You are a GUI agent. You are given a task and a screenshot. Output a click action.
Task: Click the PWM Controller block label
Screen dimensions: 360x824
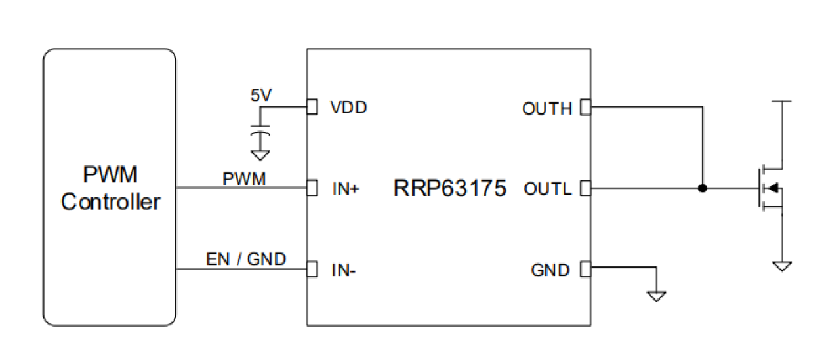(110, 188)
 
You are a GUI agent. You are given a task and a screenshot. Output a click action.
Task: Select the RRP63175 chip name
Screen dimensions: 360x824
(449, 189)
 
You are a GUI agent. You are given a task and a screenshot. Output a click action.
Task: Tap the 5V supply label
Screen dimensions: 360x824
(260, 95)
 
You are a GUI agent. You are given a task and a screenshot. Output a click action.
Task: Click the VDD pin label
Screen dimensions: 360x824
(348, 108)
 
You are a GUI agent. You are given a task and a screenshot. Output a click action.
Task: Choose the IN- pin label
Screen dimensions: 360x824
(344, 270)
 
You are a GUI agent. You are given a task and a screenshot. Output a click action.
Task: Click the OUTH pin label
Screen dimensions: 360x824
(546, 108)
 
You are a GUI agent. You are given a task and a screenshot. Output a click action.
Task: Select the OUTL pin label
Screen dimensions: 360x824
(548, 189)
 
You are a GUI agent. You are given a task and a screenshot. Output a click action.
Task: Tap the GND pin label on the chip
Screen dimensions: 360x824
(550, 270)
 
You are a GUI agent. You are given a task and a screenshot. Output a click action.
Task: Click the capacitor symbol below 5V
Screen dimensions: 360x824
(261, 136)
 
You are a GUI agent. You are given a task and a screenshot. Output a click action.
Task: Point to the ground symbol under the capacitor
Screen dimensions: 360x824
(261, 155)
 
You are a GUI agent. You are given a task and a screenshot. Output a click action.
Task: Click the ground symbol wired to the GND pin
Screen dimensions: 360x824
(656, 295)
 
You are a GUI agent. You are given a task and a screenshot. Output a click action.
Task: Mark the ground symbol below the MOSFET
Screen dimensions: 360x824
(782, 266)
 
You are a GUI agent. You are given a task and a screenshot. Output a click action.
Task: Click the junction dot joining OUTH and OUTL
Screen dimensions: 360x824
(702, 189)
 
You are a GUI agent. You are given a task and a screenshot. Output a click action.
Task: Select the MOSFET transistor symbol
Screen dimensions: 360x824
(771, 189)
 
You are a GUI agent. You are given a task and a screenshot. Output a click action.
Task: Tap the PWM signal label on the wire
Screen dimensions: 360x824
(244, 178)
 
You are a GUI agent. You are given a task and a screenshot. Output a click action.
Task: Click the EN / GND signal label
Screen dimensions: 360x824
(246, 259)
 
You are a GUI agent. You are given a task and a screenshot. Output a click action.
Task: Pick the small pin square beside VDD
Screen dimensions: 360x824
(312, 107)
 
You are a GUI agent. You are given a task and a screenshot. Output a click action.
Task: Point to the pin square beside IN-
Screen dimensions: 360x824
(312, 270)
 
